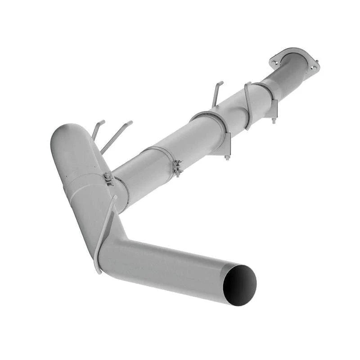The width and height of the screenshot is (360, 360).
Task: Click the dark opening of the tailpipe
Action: point(239,285)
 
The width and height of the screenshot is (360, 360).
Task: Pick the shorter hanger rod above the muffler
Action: point(97,129)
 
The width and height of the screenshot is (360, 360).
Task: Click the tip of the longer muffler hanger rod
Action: point(130,122)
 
